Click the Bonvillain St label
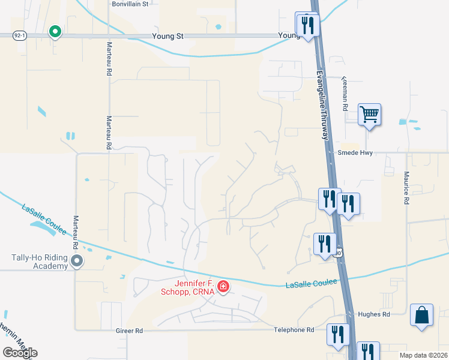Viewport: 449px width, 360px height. (x=130, y=4)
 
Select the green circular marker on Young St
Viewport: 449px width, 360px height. (x=55, y=32)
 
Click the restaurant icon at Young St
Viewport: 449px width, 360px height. (x=306, y=26)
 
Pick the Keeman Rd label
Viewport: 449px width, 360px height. (x=345, y=93)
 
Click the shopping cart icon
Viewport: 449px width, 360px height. (x=369, y=113)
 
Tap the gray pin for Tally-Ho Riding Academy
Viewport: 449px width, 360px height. (x=77, y=261)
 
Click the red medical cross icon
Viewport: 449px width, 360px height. (x=223, y=287)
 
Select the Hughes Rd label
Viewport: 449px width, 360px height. (x=373, y=314)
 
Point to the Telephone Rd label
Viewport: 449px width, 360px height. (x=294, y=330)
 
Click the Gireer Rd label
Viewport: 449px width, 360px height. (x=130, y=331)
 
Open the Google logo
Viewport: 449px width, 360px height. (x=20, y=353)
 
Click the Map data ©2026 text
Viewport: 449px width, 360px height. (x=423, y=355)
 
